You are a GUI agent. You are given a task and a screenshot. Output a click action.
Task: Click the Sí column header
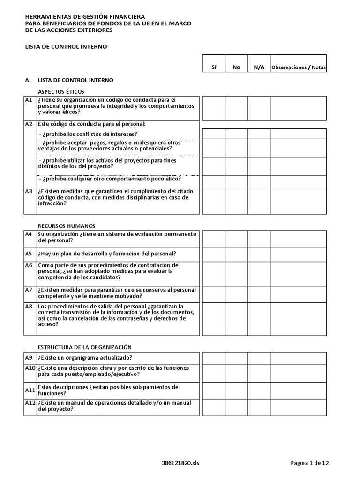(214, 67)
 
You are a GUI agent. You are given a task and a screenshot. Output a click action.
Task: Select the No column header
(236, 67)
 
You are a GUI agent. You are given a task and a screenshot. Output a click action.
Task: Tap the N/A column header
(259, 67)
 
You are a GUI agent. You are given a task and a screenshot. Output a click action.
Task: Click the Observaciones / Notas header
(299, 67)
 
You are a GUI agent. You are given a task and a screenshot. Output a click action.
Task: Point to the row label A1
(29, 100)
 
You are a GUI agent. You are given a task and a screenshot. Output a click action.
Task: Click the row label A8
(29, 307)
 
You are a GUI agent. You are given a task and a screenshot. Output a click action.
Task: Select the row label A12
(30, 403)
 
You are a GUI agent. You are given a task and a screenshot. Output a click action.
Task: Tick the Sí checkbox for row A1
(214, 108)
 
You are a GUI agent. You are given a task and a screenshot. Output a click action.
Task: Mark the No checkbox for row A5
(236, 254)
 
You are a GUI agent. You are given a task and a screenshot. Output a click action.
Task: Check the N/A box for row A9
(259, 358)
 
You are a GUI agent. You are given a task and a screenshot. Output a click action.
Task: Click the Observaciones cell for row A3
(299, 201)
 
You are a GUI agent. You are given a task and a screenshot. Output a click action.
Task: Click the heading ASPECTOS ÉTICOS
(61, 91)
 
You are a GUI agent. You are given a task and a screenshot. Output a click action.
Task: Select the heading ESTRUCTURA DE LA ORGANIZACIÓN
(85, 347)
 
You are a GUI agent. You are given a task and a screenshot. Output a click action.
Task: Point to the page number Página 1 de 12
(310, 463)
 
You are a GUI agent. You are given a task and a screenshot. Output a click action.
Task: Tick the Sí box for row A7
(214, 294)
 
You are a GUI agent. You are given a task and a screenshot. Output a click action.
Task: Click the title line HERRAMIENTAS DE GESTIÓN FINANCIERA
(85, 17)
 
